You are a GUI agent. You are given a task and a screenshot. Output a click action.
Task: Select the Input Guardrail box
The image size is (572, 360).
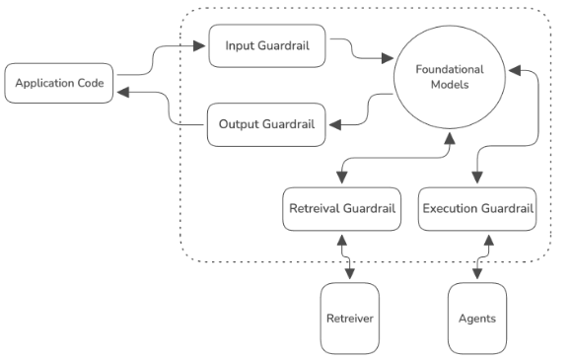pyautogui.click(x=266, y=46)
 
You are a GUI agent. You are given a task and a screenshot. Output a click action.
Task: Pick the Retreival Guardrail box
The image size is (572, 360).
pyautogui.click(x=341, y=209)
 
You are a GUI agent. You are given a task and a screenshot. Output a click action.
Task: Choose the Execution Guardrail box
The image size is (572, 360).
pyautogui.click(x=477, y=209)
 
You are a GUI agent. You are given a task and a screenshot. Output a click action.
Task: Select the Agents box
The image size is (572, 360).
pyautogui.click(x=476, y=319)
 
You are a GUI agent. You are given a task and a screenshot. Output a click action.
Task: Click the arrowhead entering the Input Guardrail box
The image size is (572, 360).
pyautogui.click(x=202, y=45)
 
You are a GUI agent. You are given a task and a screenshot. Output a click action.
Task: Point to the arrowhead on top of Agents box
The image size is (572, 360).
pyautogui.click(x=477, y=277)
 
